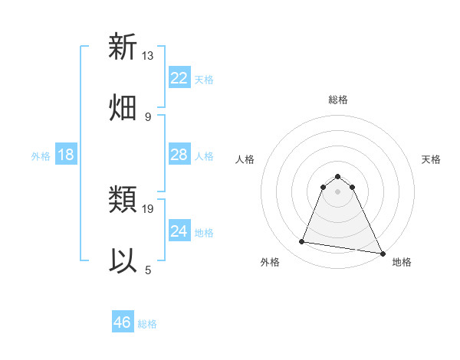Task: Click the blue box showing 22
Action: (x=179, y=78)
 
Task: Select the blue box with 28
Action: (x=179, y=155)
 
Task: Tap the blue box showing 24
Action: (x=179, y=231)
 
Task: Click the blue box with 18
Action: (x=66, y=155)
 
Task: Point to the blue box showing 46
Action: (x=123, y=322)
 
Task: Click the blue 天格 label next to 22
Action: (x=204, y=79)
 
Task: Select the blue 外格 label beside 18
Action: (x=41, y=156)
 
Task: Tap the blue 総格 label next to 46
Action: (x=147, y=324)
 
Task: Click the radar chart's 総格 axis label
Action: (x=337, y=100)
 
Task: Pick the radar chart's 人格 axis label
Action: (x=245, y=159)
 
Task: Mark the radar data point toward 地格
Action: (x=382, y=253)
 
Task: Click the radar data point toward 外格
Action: (x=302, y=242)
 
